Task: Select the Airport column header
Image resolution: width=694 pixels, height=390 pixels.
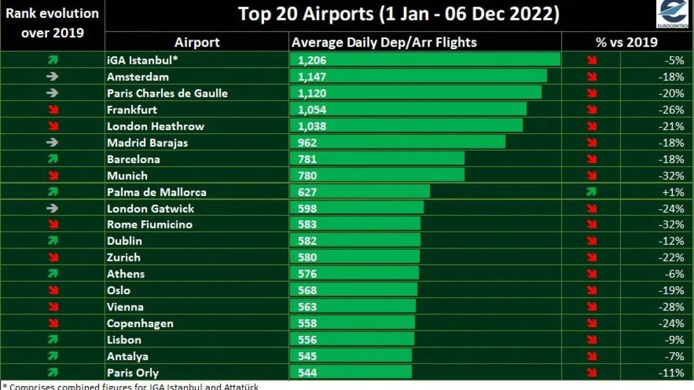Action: (197, 42)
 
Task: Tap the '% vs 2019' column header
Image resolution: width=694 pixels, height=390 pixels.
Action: (626, 42)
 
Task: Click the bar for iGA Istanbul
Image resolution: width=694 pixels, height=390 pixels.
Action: (425, 60)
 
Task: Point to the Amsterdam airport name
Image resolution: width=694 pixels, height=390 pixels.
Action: (138, 77)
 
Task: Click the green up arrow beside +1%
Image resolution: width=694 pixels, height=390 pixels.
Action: (591, 192)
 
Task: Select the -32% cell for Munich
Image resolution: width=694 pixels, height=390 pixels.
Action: (673, 175)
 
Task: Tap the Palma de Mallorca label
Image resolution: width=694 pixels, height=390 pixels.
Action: (156, 192)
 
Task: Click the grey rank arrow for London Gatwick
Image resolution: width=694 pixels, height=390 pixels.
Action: (52, 209)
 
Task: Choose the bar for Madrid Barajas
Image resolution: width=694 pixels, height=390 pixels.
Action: (397, 142)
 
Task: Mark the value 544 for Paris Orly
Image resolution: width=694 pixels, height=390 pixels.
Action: (307, 373)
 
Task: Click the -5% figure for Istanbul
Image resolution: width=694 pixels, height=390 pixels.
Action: (676, 60)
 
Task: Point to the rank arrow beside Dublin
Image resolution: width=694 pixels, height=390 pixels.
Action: (52, 241)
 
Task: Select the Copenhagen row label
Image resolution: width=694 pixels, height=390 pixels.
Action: (140, 323)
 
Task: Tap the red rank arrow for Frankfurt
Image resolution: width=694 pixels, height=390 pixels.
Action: (52, 110)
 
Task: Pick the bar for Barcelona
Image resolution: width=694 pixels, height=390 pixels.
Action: (377, 159)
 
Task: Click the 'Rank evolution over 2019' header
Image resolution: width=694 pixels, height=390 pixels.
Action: (52, 23)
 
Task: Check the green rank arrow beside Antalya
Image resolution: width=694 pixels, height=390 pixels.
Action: (52, 356)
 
